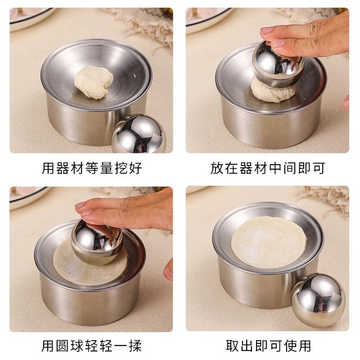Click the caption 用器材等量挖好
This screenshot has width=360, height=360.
tap(92, 168)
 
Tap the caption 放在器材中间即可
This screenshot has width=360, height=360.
tap(267, 168)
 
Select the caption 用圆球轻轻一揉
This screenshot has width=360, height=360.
tap(92, 346)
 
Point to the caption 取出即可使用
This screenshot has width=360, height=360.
tap(267, 346)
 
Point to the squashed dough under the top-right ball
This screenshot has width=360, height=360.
tap(272, 90)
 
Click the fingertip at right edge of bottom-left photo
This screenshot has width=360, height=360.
tap(168, 269)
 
